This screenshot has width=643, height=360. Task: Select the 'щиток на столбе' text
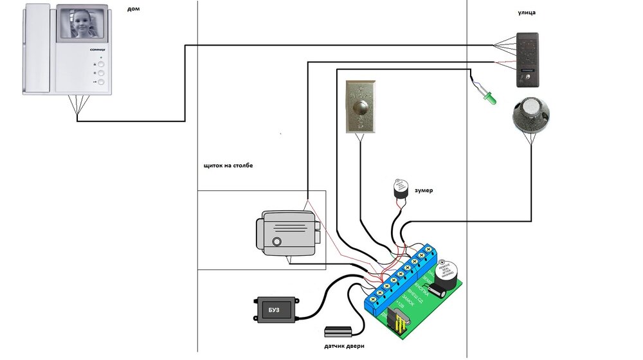pyautogui.click(x=228, y=166)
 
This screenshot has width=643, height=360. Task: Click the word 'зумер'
pyautogui.click(x=424, y=191)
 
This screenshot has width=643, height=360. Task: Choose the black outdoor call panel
pyautogui.click(x=529, y=60)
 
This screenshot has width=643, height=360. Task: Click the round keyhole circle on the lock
pyautogui.click(x=276, y=242)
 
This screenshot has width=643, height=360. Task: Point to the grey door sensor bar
pyautogui.click(x=339, y=332)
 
